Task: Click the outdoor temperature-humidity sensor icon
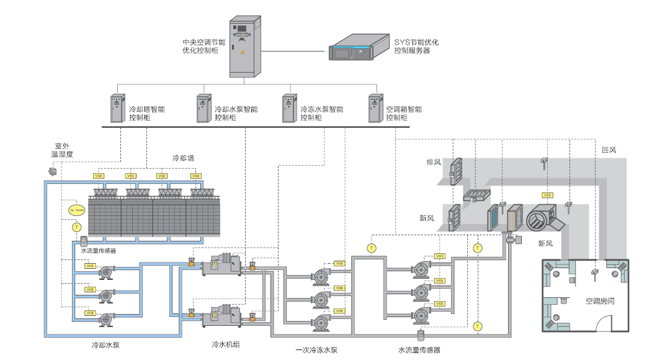(52, 171)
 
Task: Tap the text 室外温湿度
(61, 150)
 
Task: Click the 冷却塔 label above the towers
(183, 158)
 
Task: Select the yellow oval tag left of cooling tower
(76, 210)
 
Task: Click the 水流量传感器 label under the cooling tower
(98, 251)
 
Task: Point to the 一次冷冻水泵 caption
(316, 350)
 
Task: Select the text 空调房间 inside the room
(600, 301)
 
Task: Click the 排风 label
(433, 162)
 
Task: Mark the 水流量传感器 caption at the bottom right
(419, 350)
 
